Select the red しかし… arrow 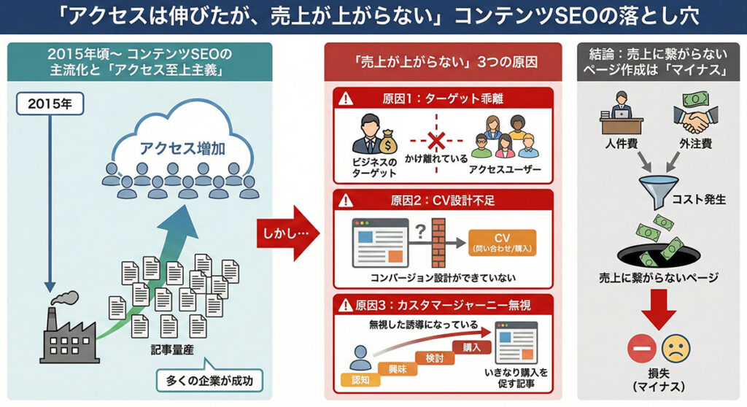click(x=287, y=233)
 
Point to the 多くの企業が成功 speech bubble click(x=209, y=380)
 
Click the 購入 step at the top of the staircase click(x=471, y=347)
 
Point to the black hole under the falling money click(x=656, y=255)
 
